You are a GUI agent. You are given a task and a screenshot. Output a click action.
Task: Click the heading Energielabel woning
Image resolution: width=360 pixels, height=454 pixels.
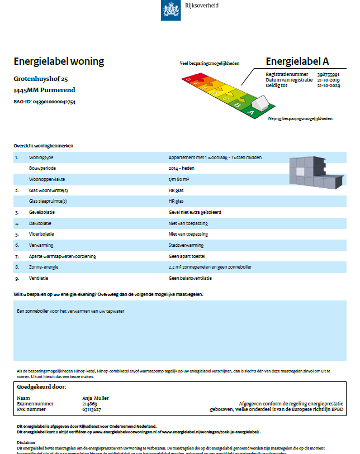[x=59, y=61]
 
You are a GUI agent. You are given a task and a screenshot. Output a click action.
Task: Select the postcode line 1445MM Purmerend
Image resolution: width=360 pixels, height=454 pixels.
[x=44, y=90]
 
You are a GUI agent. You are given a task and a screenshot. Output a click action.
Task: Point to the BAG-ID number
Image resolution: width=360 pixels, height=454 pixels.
[x=54, y=102]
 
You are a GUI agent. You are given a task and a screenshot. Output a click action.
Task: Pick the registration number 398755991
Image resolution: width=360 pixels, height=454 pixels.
[x=328, y=74]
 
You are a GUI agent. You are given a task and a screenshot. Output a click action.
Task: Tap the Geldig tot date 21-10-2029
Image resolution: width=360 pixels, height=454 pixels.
[x=328, y=85]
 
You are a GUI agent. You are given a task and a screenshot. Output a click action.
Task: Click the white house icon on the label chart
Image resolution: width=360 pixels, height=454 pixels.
[x=260, y=103]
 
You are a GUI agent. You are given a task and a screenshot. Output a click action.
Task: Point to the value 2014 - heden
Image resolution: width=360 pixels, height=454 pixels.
[x=181, y=168]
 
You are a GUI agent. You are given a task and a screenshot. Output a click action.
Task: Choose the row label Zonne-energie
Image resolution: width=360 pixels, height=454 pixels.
[x=44, y=267]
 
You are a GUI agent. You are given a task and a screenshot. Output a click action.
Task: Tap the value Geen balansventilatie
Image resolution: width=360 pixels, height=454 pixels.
[x=190, y=278]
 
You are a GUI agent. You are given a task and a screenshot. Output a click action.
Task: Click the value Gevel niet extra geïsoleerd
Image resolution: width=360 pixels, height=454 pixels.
[x=195, y=212]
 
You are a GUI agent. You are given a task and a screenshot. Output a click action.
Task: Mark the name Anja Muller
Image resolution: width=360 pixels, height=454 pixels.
[x=96, y=398]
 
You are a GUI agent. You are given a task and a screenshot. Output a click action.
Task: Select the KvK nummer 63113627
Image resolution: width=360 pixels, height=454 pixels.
[x=92, y=409]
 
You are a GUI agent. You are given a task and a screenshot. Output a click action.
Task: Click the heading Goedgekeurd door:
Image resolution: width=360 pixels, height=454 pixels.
[x=42, y=386]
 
